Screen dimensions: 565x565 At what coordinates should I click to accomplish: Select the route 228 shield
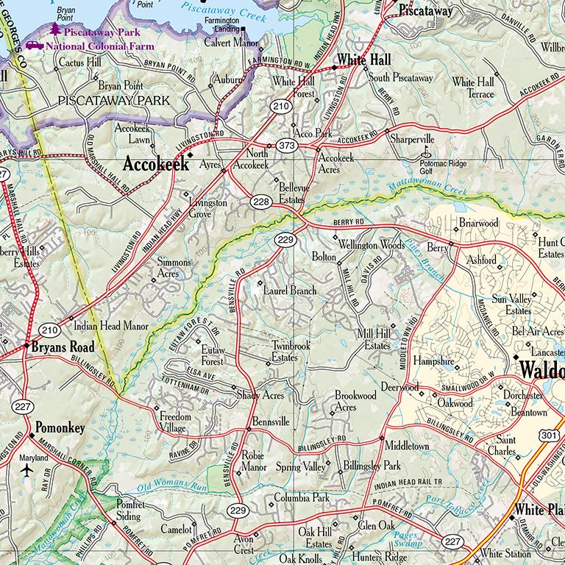point(258,202)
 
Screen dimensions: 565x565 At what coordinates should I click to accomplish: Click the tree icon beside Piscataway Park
point(55,30)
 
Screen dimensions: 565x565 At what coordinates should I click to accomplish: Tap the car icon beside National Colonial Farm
point(35,46)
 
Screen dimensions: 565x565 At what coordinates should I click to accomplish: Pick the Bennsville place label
point(271,422)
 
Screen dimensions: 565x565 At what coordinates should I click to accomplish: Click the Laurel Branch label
point(290,291)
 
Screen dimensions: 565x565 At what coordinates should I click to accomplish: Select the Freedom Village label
point(176,422)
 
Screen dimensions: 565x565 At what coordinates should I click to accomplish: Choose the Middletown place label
point(407,446)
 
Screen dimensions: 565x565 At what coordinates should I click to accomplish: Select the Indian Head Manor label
point(111,326)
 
